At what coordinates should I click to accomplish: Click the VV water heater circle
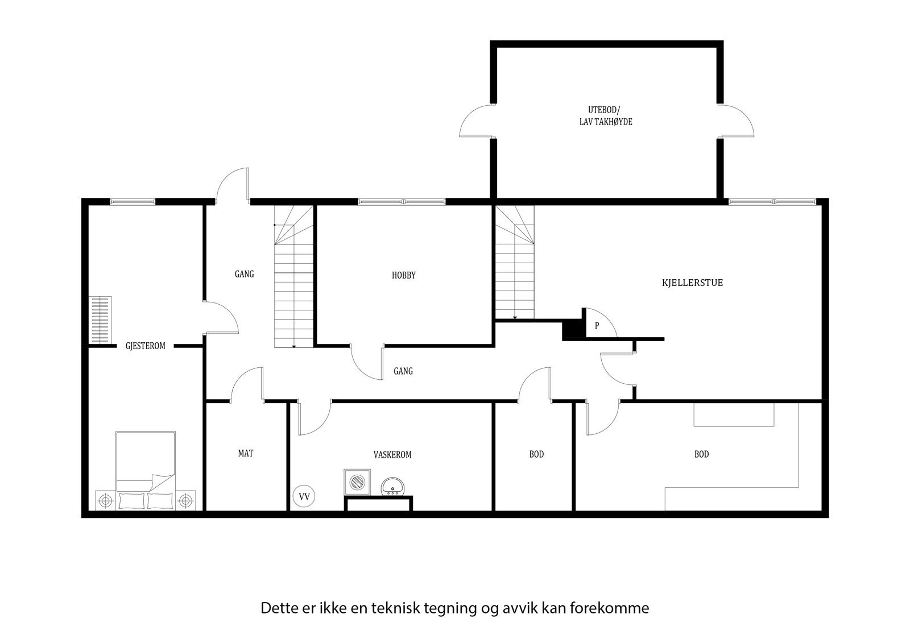point(304,496)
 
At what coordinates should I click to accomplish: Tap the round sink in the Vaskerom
point(393,487)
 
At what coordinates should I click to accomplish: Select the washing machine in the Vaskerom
point(357,482)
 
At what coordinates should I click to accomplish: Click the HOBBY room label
point(404,275)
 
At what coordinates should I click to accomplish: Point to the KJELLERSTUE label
point(693,283)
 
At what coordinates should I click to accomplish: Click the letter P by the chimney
point(597,326)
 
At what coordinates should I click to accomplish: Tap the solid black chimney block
point(572,330)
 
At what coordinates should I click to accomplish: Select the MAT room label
point(246,453)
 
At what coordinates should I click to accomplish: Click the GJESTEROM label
point(146,346)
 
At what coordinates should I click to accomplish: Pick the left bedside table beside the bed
point(105,500)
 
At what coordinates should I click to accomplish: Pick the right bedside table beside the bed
point(185,500)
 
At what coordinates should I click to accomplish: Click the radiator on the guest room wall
point(101,320)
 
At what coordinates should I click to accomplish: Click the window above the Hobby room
point(402,201)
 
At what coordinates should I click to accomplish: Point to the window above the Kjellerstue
point(772,201)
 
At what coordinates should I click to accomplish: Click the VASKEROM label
point(392,455)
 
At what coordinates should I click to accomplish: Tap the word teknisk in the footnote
point(395,608)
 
